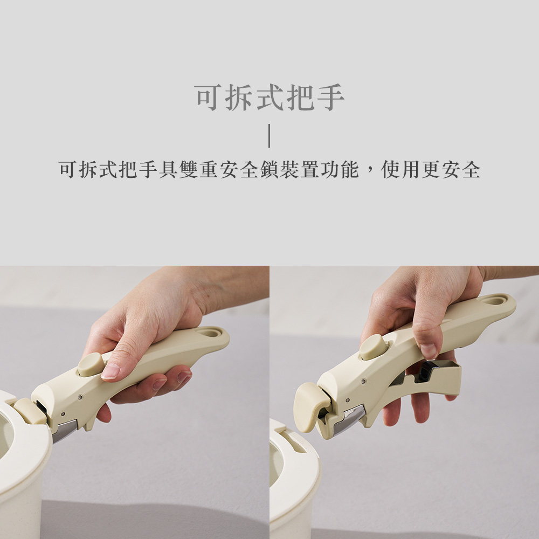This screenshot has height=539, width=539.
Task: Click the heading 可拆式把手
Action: [x=269, y=98]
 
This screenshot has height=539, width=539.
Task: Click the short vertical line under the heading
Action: [x=269, y=136]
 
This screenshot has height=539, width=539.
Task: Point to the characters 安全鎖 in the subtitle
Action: [x=249, y=169]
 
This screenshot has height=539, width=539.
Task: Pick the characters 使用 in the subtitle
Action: [x=401, y=169]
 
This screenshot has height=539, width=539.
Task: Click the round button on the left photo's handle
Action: [x=91, y=364]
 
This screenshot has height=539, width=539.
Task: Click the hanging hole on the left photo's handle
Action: [x=210, y=333]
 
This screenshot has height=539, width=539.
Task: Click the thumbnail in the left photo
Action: [x=110, y=371]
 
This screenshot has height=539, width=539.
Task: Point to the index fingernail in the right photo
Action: [x=429, y=351]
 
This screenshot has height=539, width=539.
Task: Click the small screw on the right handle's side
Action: [x=363, y=382]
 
